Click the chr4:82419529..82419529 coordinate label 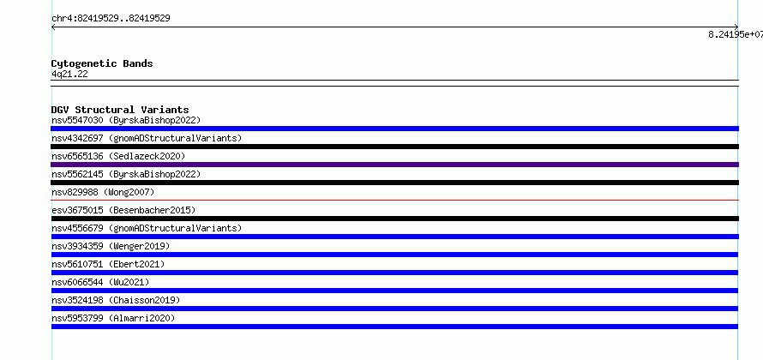click(x=111, y=19)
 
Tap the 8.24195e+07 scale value click(x=736, y=34)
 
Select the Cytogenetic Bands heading click(x=102, y=63)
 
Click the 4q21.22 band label click(x=70, y=75)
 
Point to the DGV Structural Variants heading click(x=120, y=110)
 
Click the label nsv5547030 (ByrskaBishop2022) click(x=126, y=120)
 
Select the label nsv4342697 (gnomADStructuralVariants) click(x=147, y=138)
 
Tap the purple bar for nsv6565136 click(x=394, y=165)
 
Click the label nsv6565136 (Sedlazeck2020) click(x=118, y=156)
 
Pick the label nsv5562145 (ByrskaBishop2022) click(x=126, y=174)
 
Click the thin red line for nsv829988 click(x=394, y=200)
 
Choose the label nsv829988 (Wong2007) click(x=103, y=192)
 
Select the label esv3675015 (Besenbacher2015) click(x=123, y=210)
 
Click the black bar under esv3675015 click(x=394, y=219)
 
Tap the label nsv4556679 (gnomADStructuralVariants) click(x=147, y=228)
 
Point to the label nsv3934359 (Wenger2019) click(x=111, y=246)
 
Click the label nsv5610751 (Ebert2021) click(x=108, y=264)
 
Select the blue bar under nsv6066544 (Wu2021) click(x=394, y=291)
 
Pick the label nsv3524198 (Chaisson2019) click(x=116, y=300)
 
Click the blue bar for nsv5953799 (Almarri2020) click(x=394, y=327)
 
